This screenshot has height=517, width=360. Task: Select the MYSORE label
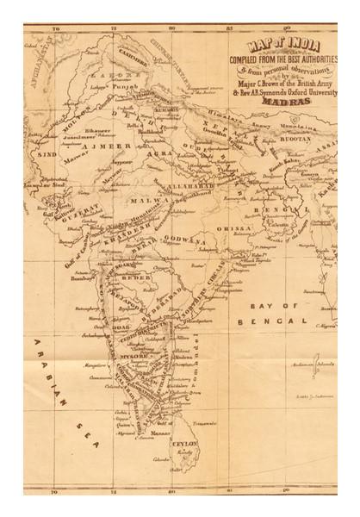(133, 355)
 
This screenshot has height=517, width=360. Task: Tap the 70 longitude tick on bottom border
(55, 493)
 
